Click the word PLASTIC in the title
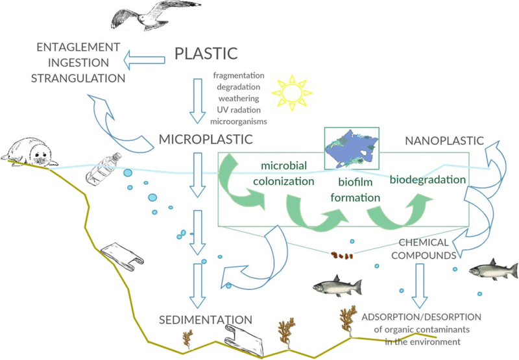pos(207,53)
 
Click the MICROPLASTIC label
pos(205,139)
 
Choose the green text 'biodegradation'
pos(428,179)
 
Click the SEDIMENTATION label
pos(206,319)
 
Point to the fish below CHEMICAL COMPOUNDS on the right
pos(494,269)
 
